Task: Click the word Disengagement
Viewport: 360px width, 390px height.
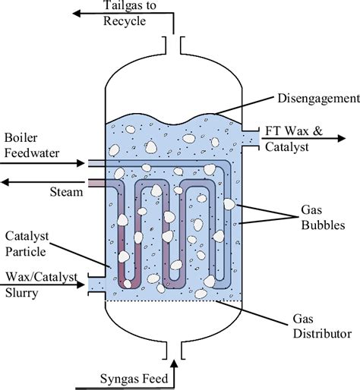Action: click(x=319, y=99)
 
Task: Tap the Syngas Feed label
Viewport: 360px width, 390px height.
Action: click(x=134, y=379)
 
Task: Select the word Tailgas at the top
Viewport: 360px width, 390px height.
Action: click(x=121, y=5)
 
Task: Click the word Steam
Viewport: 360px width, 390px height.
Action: click(x=66, y=192)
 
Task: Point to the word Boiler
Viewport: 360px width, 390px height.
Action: click(x=21, y=138)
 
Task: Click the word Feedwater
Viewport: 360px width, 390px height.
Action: click(x=32, y=153)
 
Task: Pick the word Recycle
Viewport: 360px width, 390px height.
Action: click(x=125, y=21)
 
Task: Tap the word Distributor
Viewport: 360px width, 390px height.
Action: click(x=322, y=334)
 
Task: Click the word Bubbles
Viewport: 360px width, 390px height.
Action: click(x=323, y=225)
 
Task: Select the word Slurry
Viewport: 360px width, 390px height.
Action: click(x=22, y=293)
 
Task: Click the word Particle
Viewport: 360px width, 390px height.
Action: click(x=26, y=252)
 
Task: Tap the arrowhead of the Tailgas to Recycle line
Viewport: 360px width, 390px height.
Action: click(x=77, y=14)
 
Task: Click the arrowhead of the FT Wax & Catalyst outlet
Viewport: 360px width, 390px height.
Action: click(x=342, y=138)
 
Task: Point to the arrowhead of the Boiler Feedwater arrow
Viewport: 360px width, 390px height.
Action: click(x=81, y=163)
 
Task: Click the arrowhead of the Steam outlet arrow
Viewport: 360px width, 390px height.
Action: click(x=5, y=182)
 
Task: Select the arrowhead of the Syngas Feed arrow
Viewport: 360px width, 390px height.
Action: click(x=174, y=363)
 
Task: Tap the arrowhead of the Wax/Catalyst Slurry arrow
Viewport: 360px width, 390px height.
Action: click(x=81, y=285)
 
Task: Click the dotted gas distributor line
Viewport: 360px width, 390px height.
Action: click(x=174, y=301)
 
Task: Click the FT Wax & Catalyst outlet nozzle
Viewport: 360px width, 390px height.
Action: click(x=251, y=138)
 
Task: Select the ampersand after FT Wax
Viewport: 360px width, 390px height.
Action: click(x=317, y=131)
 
